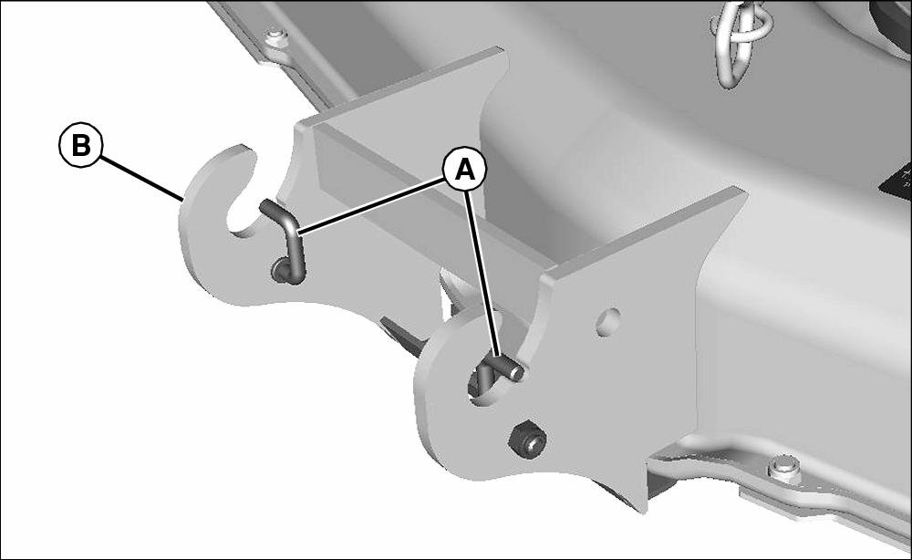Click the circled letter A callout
pos(464,171)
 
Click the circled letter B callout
pos(81,145)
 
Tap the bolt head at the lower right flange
pos(782,468)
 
